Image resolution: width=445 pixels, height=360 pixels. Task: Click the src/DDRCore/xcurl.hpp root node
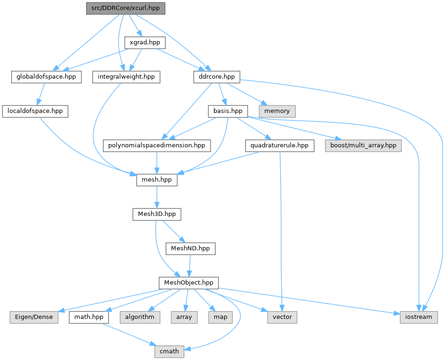pos(126,8)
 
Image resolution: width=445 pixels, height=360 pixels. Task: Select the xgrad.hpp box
pos(145,43)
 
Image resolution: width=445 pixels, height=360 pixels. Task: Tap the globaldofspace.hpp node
pos(46,77)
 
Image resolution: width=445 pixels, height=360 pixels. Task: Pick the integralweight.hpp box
pos(126,77)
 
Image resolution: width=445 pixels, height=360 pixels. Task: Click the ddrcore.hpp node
pos(217,77)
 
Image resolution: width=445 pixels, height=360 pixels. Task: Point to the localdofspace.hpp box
pos(35,111)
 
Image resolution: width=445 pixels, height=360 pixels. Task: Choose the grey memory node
pos(277,111)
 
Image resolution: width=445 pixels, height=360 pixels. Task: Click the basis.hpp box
pos(227,111)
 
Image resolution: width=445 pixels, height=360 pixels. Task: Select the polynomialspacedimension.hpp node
pos(157,145)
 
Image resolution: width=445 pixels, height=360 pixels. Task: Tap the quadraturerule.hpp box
pos(279,145)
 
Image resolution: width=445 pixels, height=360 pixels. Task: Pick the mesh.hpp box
pos(157,179)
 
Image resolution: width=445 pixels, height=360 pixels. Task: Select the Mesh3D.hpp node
pos(157,214)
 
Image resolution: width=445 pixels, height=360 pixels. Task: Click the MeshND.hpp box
pos(190,248)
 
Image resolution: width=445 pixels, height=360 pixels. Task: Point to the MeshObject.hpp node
pos(189,282)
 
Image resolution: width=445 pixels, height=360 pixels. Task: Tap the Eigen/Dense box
pos(34,317)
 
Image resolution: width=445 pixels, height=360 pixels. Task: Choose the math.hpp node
pos(89,317)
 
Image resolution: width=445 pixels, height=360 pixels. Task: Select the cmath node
pos(169,351)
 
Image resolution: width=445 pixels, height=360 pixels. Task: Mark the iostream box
pos(419,317)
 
